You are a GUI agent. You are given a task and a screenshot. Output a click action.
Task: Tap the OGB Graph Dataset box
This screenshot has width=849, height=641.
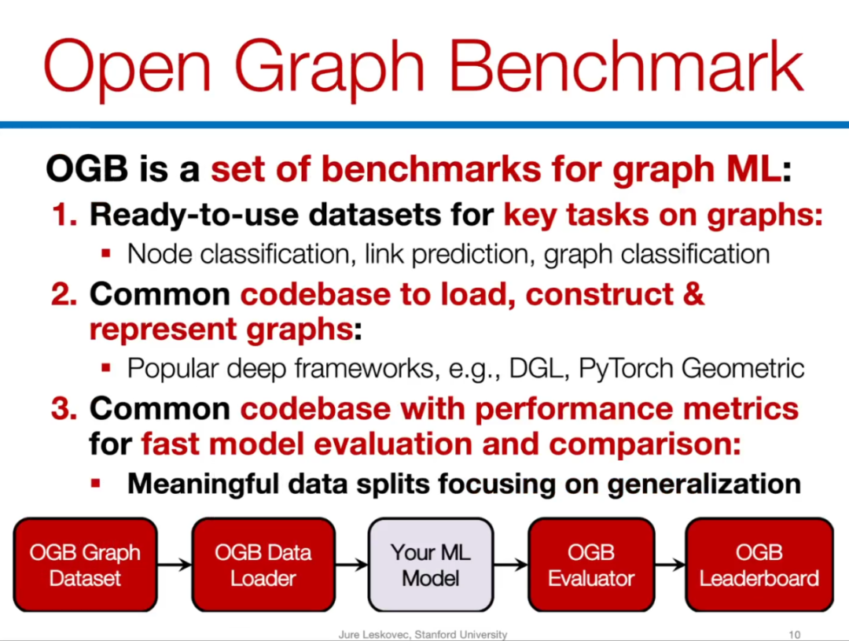(85, 565)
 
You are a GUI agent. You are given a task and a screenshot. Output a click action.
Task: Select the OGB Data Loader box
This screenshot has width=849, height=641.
(263, 565)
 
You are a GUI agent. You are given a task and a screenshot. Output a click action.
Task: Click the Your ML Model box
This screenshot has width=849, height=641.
(431, 565)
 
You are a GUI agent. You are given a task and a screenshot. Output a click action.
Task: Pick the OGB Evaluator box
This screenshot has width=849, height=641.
(590, 565)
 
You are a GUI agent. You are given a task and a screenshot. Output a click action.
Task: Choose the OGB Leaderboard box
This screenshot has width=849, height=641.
(759, 565)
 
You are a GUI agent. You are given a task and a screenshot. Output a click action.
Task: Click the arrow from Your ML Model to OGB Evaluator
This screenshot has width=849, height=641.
(511, 565)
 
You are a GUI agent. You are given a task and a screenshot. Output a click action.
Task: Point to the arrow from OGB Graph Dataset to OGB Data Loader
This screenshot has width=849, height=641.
(175, 565)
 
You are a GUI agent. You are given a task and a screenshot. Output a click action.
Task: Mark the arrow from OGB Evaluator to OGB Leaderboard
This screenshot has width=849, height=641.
(670, 565)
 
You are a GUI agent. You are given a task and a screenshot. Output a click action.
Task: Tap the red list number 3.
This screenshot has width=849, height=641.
(64, 408)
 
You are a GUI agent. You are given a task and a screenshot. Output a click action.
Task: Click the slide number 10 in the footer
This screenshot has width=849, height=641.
(794, 635)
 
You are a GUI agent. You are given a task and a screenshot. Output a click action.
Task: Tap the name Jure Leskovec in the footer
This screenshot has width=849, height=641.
(374, 635)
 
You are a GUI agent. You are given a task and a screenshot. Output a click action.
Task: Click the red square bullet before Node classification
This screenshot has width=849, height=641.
(105, 253)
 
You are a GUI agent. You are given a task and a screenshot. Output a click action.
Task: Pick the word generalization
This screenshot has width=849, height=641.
(704, 484)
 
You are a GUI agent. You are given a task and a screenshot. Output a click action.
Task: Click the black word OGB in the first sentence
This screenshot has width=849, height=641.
(86, 168)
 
